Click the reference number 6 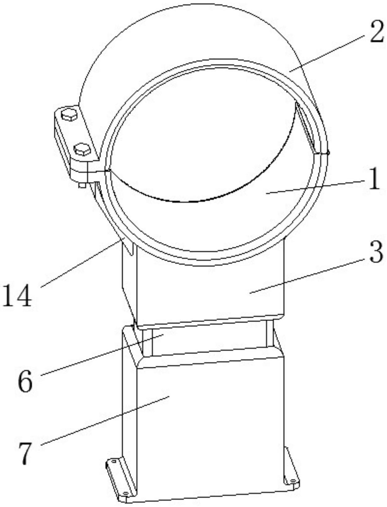pos(25,381)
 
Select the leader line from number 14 pos(80,263)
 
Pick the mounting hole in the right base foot pos(292,481)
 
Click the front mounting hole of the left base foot pos(125,493)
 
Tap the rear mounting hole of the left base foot pos(114,461)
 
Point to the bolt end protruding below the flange pos(82,186)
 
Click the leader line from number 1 pos(316,187)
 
